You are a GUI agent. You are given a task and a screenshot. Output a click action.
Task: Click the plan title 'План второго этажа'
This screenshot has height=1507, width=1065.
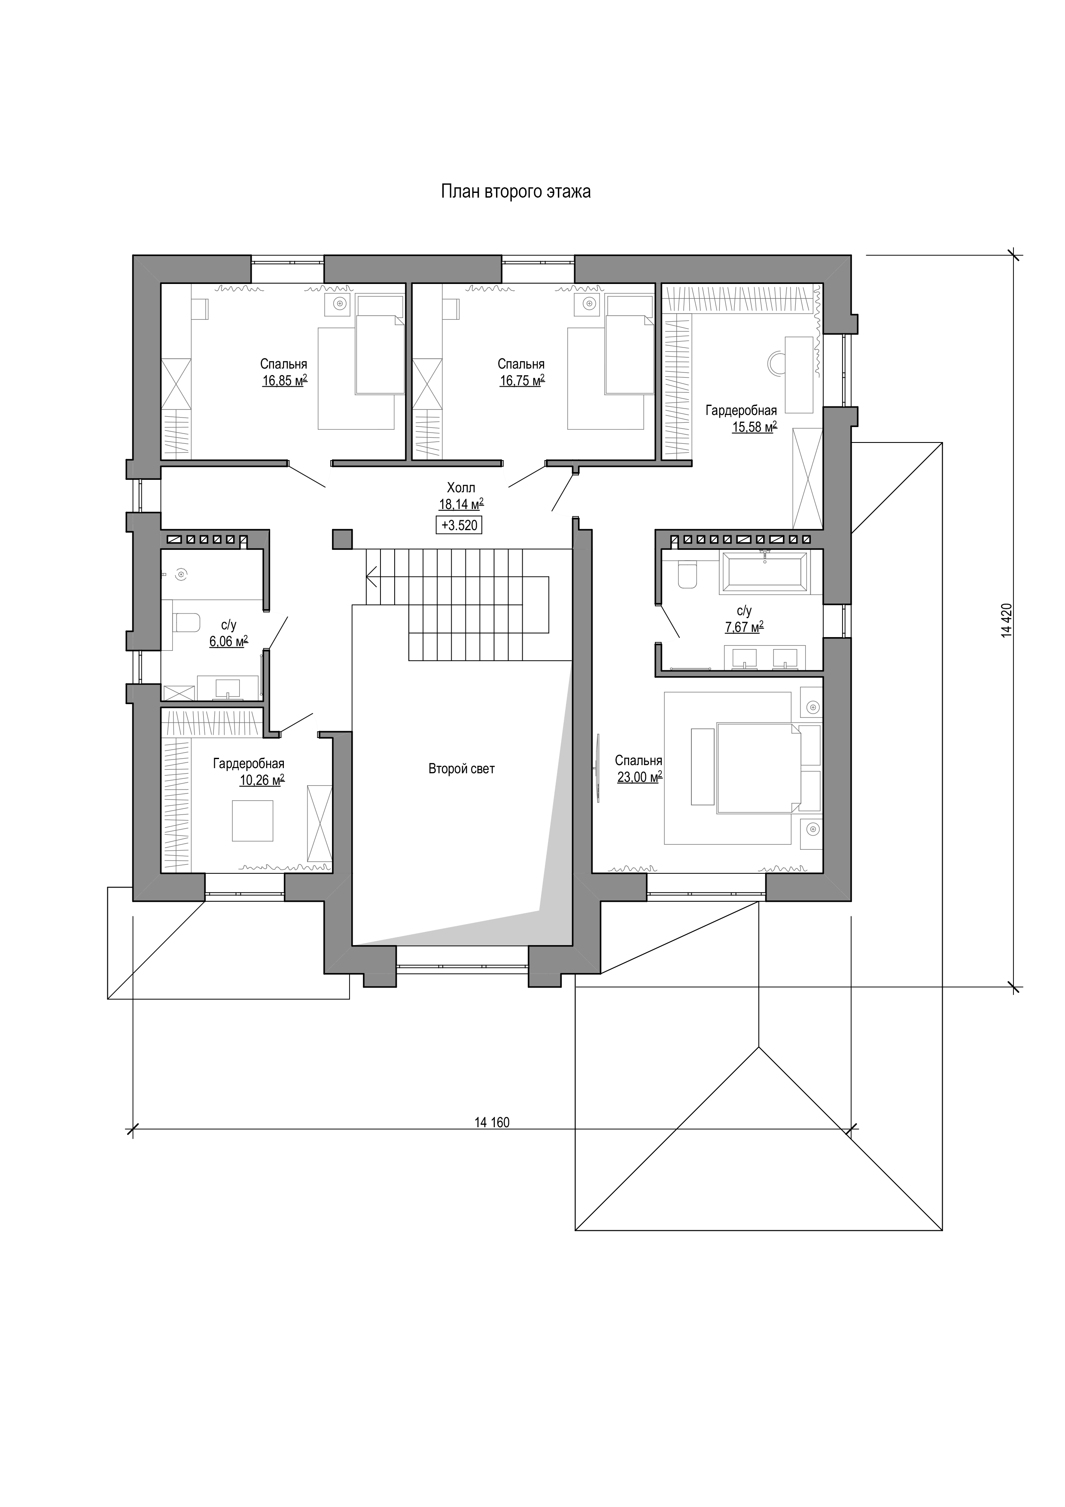click(x=515, y=192)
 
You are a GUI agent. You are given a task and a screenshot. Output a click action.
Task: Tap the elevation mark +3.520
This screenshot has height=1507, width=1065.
click(x=459, y=525)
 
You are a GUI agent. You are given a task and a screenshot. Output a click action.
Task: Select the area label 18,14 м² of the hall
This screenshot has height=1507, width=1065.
click(x=461, y=504)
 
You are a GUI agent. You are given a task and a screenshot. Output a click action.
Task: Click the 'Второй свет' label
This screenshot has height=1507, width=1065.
click(x=461, y=769)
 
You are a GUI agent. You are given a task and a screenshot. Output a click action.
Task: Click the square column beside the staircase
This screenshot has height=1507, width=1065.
click(x=342, y=539)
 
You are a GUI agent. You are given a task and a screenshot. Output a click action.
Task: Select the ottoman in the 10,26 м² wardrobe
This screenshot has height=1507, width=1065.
click(x=253, y=821)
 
